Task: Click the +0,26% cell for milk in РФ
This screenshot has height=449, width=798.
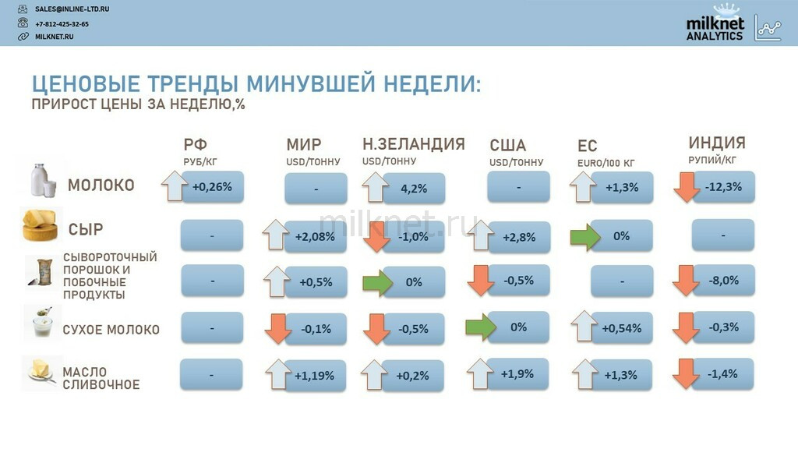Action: [x=213, y=187]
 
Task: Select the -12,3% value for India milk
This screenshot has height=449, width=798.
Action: [x=724, y=187]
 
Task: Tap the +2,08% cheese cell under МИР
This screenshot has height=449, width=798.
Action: [x=316, y=237]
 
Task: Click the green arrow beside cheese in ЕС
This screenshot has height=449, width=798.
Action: [x=585, y=237]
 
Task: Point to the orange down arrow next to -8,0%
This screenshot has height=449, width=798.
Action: [x=686, y=280]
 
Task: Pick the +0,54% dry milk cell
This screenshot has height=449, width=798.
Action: [x=621, y=328]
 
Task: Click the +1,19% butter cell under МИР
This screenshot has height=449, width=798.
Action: [x=315, y=376]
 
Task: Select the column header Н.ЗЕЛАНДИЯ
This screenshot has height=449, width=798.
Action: [x=413, y=144]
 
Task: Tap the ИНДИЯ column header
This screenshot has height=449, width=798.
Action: [x=717, y=143]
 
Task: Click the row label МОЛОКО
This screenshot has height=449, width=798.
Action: [x=101, y=185]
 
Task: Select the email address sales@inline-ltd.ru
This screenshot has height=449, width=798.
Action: [x=72, y=9]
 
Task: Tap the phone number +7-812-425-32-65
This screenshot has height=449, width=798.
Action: [x=62, y=24]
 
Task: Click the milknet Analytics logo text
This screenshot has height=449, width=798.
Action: [x=715, y=29]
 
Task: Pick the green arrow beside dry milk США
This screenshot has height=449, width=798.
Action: [x=480, y=327]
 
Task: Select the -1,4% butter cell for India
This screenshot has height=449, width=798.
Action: [x=722, y=374]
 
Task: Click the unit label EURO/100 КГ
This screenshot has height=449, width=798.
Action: [x=606, y=164]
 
